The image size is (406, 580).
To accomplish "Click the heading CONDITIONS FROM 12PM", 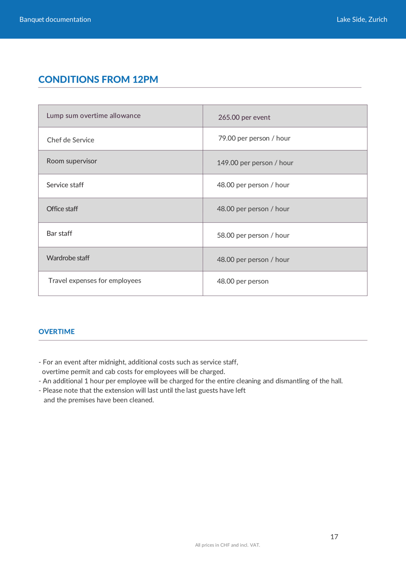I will pyautogui.click(x=98, y=79).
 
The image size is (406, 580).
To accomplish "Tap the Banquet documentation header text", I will pyautogui.click(x=55, y=19).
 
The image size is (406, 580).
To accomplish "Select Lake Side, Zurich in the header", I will pyautogui.click(x=362, y=19).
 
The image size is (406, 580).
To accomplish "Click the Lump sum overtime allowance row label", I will pyautogui.click(x=93, y=116).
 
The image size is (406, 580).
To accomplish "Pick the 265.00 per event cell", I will pyautogui.click(x=244, y=117).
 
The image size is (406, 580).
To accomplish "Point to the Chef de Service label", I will pyautogui.click(x=70, y=140).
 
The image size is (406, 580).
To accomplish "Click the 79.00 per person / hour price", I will pyautogui.click(x=254, y=138).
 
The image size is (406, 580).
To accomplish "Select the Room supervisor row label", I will pyautogui.click(x=72, y=161).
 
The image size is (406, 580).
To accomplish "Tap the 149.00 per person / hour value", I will pyautogui.click(x=255, y=163).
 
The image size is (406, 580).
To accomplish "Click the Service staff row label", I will pyautogui.click(x=65, y=185).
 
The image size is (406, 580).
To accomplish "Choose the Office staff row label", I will pyautogui.click(x=62, y=209).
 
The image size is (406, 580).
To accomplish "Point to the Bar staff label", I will pyautogui.click(x=59, y=233).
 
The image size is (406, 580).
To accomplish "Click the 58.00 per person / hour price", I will pyautogui.click(x=253, y=235).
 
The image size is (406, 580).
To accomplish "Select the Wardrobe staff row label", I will pyautogui.click(x=68, y=258).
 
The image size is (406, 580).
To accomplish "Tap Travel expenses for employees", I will pyautogui.click(x=95, y=280).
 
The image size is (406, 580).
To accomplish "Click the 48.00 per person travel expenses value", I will pyautogui.click(x=243, y=281).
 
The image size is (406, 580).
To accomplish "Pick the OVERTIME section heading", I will pyautogui.click(x=56, y=332).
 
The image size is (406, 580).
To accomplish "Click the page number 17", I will pyautogui.click(x=334, y=537).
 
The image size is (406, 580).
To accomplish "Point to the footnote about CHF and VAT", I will pyautogui.click(x=227, y=545).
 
